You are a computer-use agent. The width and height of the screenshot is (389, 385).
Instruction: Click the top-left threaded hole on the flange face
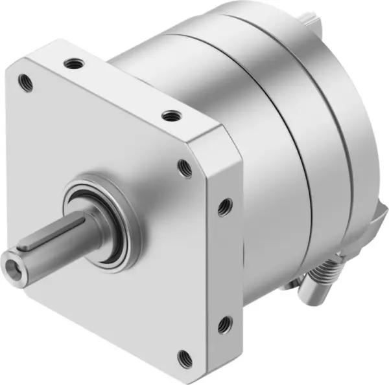[x=27, y=82]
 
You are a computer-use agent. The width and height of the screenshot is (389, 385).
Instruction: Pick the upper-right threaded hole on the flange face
[x=185, y=168]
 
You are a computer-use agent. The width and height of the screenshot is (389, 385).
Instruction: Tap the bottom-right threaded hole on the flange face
[x=185, y=355]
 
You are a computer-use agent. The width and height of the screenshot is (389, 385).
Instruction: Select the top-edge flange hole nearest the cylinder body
[x=171, y=116]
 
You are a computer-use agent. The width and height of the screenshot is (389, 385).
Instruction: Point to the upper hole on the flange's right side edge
[x=224, y=206]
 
